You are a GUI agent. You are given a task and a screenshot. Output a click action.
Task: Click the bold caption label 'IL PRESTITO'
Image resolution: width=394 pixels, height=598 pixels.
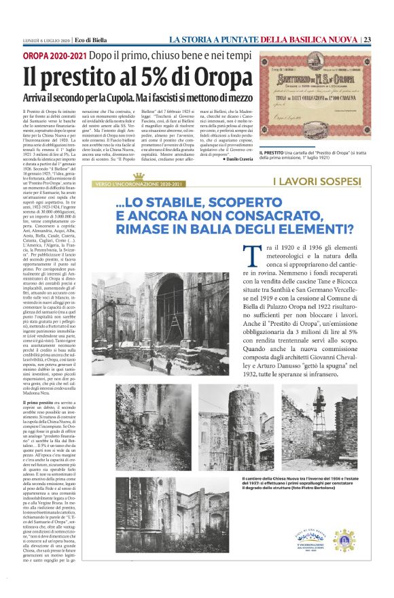pos(273,153)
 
